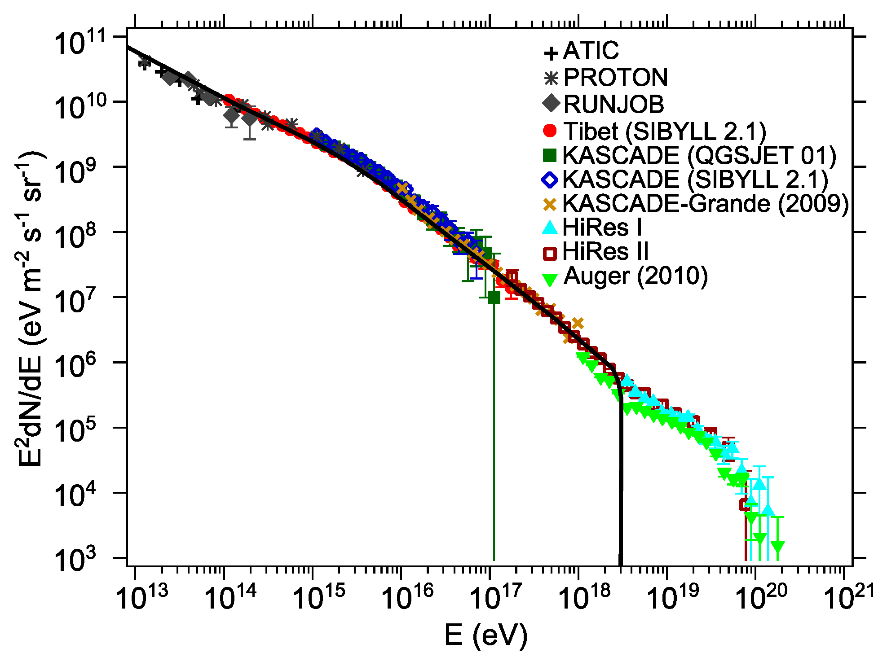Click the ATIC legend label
coord(591,50)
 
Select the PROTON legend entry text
coord(615,78)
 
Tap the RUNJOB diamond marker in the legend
coord(551,104)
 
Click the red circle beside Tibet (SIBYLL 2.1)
coord(550,131)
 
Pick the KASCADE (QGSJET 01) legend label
coord(699,155)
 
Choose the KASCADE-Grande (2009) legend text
coord(705,203)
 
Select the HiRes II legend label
coord(605,251)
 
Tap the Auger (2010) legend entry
coord(635,276)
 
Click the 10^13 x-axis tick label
coord(142,599)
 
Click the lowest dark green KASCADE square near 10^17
coord(494,298)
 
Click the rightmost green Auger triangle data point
coord(777,546)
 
